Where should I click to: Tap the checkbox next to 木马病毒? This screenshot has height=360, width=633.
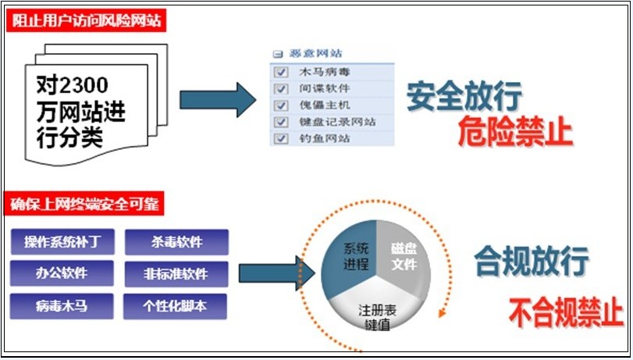(282, 72)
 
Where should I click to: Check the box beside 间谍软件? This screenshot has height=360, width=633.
(282, 88)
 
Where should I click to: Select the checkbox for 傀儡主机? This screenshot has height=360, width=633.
(282, 105)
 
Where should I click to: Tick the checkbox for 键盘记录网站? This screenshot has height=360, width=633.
(282, 122)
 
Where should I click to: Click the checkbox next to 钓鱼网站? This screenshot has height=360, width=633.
(282, 138)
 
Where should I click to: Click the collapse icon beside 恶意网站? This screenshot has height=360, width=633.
(277, 55)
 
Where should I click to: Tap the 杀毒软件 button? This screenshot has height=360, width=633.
(176, 242)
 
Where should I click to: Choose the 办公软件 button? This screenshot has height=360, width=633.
(60, 274)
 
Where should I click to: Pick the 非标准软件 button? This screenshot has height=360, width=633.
(176, 274)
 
